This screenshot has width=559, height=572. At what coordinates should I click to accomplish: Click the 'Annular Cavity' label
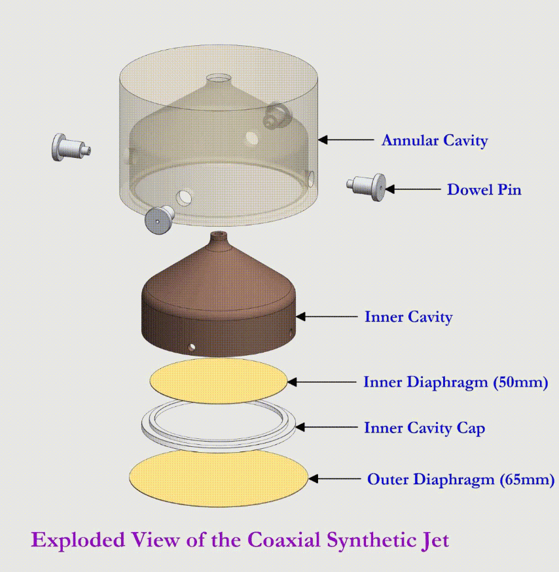pos(435,141)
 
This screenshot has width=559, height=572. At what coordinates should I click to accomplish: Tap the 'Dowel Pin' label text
pos(484,190)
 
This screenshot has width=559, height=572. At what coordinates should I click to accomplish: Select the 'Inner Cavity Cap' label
pos(425,428)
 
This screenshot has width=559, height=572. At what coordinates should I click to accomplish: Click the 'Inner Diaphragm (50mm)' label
pos(456,382)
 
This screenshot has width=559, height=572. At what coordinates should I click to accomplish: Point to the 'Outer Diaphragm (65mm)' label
pos(461,480)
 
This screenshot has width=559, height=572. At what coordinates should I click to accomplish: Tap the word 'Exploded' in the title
pos(78,541)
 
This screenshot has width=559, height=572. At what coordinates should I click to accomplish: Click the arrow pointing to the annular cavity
pos(346,140)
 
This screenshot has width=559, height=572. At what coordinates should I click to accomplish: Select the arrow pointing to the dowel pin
pos(413,189)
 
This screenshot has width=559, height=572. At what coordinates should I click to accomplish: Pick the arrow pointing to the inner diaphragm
pos(322,382)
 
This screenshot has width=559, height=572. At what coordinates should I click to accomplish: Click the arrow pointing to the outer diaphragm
pos(334,478)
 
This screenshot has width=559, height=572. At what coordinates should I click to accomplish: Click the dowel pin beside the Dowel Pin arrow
pos(366,187)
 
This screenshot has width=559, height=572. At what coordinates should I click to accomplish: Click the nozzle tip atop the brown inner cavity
pos(220,236)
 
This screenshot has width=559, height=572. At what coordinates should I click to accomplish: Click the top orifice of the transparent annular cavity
pos(219,79)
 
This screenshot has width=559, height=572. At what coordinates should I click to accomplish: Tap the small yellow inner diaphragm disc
pos(219,381)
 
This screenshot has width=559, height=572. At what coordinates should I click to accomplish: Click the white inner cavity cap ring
pos(219,425)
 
